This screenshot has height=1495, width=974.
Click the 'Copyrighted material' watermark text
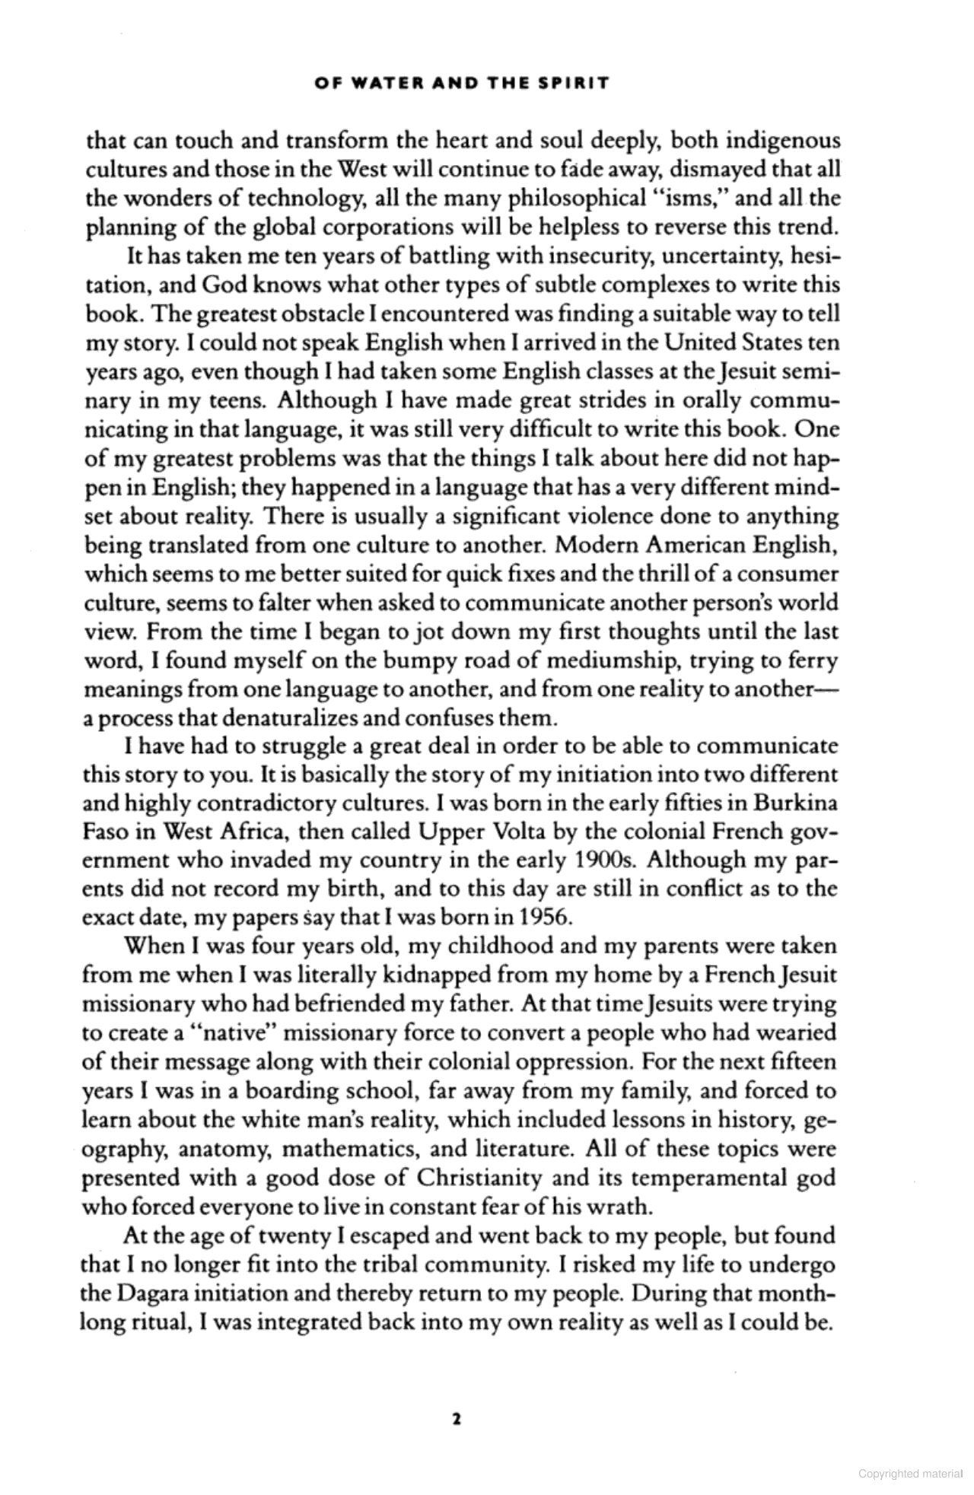click(x=910, y=1474)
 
